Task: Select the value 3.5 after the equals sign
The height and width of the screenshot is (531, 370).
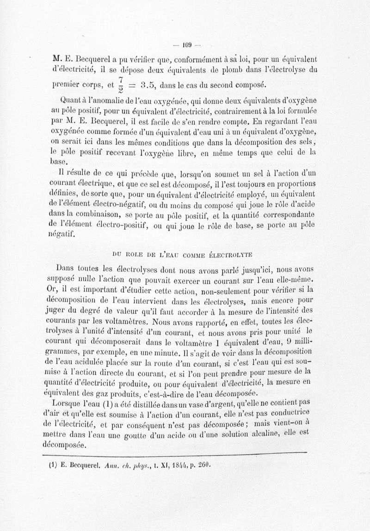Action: [150, 84]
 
